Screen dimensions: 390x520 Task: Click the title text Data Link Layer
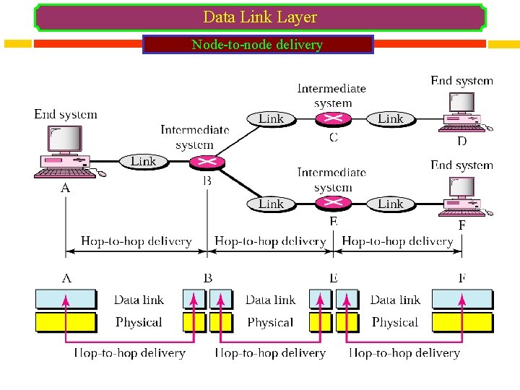click(x=260, y=17)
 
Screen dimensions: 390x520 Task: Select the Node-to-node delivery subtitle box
click(x=258, y=45)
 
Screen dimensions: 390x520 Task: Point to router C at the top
click(x=333, y=118)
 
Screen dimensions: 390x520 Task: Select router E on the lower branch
click(x=333, y=204)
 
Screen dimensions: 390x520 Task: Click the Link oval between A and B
click(x=143, y=161)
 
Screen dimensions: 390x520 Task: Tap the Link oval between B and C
click(x=271, y=118)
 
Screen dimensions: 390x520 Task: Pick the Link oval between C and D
click(x=390, y=118)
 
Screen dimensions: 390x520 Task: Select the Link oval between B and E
click(x=271, y=204)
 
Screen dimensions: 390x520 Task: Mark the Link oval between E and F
click(x=390, y=204)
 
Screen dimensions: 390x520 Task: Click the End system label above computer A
click(x=66, y=114)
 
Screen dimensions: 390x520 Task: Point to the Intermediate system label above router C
click(x=331, y=95)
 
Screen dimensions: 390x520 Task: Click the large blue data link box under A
click(x=66, y=300)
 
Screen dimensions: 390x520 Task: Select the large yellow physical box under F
click(x=462, y=322)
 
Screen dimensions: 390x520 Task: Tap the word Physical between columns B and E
click(x=270, y=322)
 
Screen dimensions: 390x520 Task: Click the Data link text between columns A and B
click(x=139, y=300)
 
